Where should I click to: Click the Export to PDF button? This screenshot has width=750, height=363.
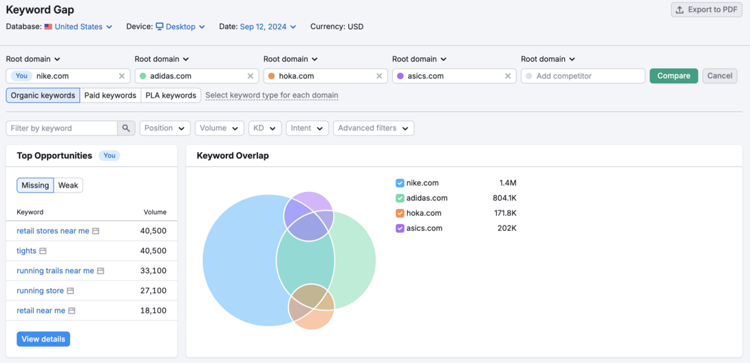pos(706,10)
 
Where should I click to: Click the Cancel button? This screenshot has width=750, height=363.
pos(720,76)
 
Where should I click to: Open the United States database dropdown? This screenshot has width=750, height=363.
pos(78,27)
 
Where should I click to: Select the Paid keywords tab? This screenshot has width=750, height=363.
pos(110,96)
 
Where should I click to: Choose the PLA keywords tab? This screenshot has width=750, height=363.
pos(171,96)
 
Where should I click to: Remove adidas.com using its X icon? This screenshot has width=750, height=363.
pos(250,76)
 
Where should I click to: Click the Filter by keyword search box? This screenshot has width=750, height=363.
pos(62,128)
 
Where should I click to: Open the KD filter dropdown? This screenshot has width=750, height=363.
pos(264,128)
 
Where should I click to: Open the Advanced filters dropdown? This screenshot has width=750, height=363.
pos(373,128)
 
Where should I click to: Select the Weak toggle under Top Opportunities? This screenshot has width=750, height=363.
pos(68,185)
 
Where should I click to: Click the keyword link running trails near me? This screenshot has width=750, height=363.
pos(55,271)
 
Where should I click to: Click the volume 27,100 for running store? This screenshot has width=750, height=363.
pos(153,291)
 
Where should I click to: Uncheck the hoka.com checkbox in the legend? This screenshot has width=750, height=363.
pos(400,213)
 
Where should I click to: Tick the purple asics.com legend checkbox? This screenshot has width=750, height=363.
pos(400,228)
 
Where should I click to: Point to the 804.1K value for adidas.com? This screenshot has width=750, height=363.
pos(504,198)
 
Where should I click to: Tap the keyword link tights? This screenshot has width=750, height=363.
pos(26,251)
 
